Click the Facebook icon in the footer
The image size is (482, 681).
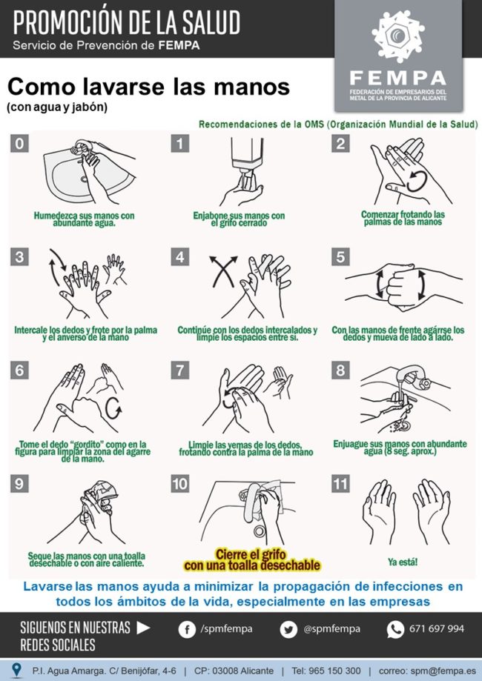pyautogui.click(x=187, y=630)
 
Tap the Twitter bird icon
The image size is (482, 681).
pyautogui.click(x=288, y=630)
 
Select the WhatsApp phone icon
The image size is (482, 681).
pyautogui.click(x=395, y=630)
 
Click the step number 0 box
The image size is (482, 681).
pyautogui.click(x=19, y=143)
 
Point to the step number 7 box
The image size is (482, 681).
pyautogui.click(x=180, y=371)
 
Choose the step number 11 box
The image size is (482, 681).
pyautogui.click(x=340, y=484)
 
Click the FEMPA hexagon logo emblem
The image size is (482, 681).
pyautogui.click(x=398, y=36)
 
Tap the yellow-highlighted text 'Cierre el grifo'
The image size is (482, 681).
pyautogui.click(x=251, y=554)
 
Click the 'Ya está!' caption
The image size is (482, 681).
pyautogui.click(x=403, y=562)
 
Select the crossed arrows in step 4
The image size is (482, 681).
pyautogui.click(x=224, y=271)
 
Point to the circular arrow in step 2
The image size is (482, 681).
pyautogui.click(x=418, y=182)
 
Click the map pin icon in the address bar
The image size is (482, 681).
pyautogui.click(x=16, y=670)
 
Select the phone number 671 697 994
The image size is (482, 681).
pyautogui.click(x=437, y=629)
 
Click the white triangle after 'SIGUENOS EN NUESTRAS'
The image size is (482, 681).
pyautogui.click(x=143, y=628)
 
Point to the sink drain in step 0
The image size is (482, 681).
pyautogui.click(x=84, y=179)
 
